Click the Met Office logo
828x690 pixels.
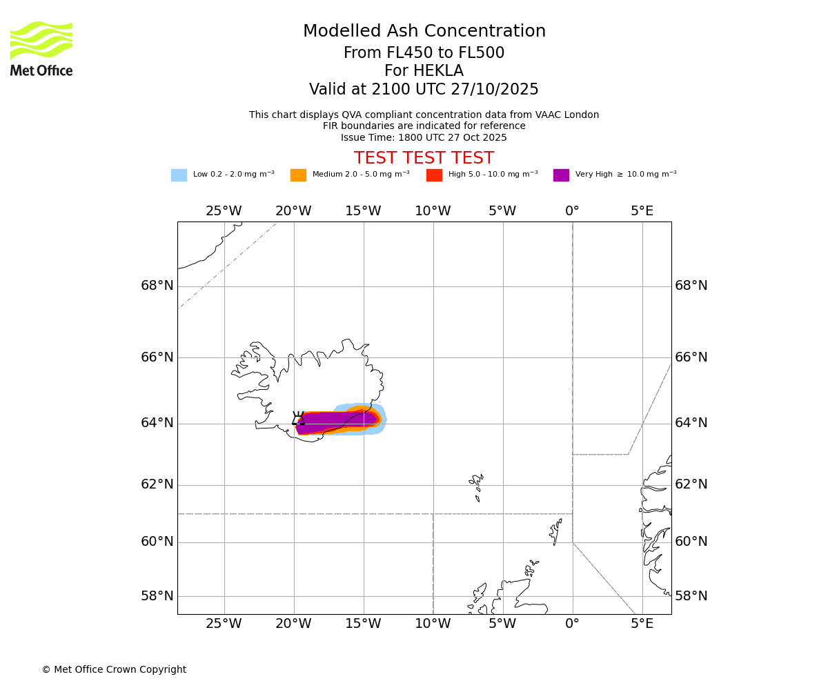pyautogui.click(x=41, y=48)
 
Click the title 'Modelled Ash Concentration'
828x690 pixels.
pyautogui.click(x=424, y=32)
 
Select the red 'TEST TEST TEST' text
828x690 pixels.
pyautogui.click(x=424, y=159)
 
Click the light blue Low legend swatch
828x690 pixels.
pyautogui.click(x=179, y=175)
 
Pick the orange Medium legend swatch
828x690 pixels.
pyautogui.click(x=298, y=175)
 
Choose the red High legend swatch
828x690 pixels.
pyautogui.click(x=434, y=175)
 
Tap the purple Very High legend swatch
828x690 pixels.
pyautogui.click(x=561, y=175)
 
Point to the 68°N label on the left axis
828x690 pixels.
pyautogui.click(x=157, y=286)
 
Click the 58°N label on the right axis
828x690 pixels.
pyautogui.click(x=691, y=596)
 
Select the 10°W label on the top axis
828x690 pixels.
pyautogui.click(x=433, y=211)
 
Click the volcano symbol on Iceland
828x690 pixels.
pyautogui.click(x=298, y=418)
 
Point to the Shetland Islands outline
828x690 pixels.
pyautogui.click(x=555, y=531)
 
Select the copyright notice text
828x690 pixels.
pyautogui.click(x=114, y=670)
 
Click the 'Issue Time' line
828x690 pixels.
pyautogui.click(x=424, y=137)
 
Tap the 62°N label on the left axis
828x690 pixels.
pyautogui.click(x=157, y=484)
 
